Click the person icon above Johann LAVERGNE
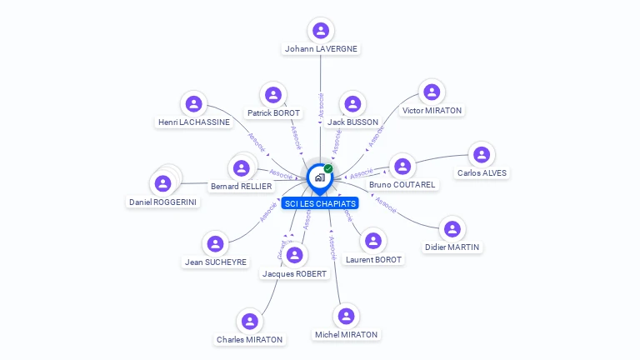(320, 31)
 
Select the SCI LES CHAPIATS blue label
(320, 203)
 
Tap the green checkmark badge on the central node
(328, 168)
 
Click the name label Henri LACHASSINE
(194, 122)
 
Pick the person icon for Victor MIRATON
(431, 92)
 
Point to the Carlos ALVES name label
(482, 173)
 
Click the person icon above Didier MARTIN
(452, 228)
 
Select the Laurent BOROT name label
(373, 260)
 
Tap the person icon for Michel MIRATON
(346, 317)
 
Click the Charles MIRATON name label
(249, 339)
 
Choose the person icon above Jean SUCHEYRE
(215, 244)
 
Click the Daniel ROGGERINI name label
(164, 202)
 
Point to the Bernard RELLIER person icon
(242, 168)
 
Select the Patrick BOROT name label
(273, 112)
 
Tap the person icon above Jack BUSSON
(353, 104)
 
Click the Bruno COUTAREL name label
(402, 184)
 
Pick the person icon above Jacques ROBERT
(294, 255)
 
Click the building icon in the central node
(319, 177)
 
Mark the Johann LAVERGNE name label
(321, 49)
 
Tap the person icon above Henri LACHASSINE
(194, 104)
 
